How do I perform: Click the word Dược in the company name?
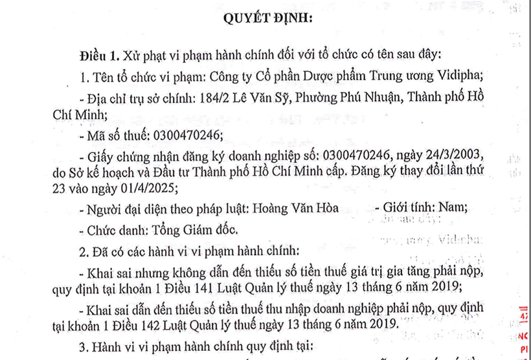300,77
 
